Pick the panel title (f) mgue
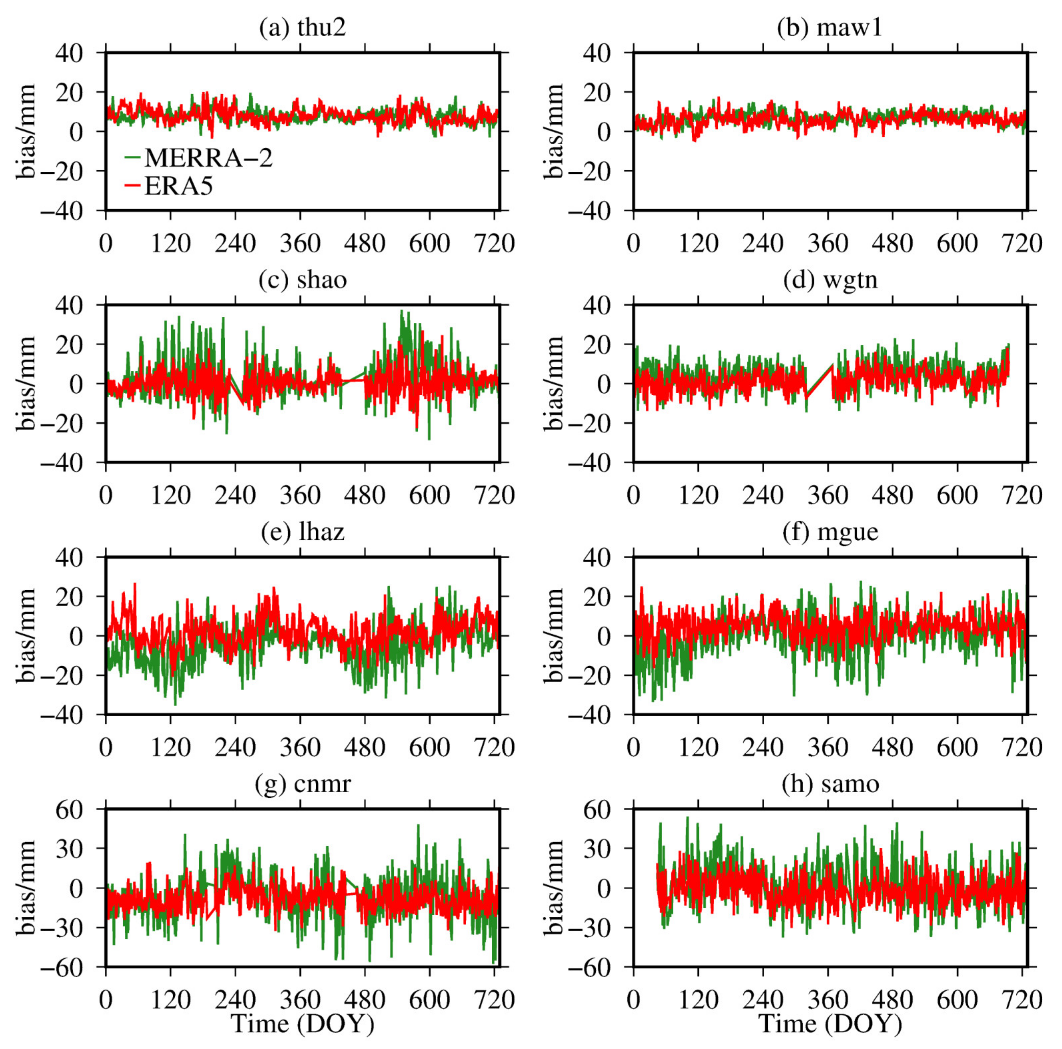tap(830, 532)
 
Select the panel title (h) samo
tap(830, 783)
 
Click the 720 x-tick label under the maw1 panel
tap(1022, 243)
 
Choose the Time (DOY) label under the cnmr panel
tap(302, 1024)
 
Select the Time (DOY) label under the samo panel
tap(830, 1024)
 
